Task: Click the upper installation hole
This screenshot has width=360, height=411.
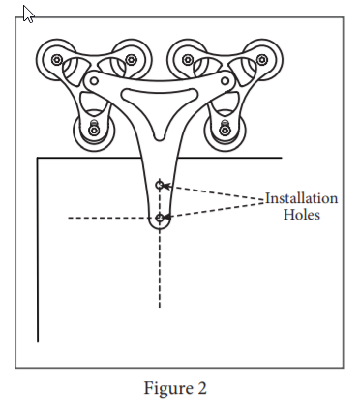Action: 160,184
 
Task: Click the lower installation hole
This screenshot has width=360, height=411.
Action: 160,218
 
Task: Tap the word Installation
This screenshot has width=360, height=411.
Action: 302,198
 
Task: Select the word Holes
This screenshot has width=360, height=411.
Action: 301,215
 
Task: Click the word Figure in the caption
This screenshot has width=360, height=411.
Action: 168,389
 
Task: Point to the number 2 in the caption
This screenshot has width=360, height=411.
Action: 202,389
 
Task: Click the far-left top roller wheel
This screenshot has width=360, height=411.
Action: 56,60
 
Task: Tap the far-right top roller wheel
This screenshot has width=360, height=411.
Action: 261,60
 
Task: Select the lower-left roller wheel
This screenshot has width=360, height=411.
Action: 93,128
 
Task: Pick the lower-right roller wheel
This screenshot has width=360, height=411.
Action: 225,128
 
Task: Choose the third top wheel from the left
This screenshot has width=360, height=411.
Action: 188,60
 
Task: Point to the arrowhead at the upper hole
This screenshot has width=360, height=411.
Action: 166,185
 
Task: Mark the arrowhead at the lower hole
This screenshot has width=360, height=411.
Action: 166,216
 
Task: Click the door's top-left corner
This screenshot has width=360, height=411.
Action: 37,158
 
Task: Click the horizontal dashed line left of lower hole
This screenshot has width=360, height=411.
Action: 106,219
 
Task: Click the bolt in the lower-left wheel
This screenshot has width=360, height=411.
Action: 93,129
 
